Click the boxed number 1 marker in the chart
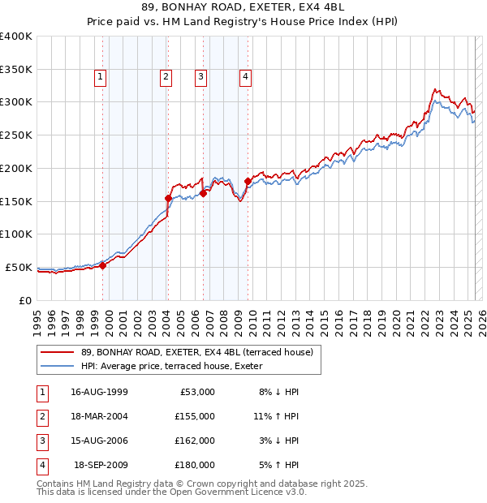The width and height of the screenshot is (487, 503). pos(100,77)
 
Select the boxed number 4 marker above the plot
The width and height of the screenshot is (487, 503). pos(244,77)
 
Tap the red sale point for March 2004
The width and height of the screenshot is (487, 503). pos(168,198)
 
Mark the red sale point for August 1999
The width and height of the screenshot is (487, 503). pos(103,265)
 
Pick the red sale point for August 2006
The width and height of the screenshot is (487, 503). pos(203,193)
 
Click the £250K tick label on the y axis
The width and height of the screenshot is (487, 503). pos(16,135)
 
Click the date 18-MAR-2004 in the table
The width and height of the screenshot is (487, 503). pos(99,415)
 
